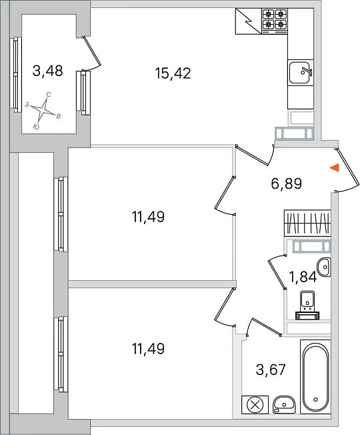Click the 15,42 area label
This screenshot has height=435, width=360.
(173, 73)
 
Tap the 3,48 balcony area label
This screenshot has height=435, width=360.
(48, 71)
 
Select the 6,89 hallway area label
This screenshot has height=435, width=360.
(286, 183)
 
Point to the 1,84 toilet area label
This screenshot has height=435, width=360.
(303, 277)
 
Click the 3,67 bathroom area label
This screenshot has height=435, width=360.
(271, 370)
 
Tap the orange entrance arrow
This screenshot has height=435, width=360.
(335, 168)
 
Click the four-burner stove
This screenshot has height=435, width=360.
(275, 21)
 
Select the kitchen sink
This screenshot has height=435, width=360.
(301, 72)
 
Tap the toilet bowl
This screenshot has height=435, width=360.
(307, 305)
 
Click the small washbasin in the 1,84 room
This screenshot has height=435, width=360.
(324, 267)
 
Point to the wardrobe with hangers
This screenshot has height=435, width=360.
(307, 223)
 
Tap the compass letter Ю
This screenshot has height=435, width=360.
(36, 127)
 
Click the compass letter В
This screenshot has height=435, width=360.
(59, 116)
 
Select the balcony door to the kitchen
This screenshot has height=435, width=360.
(92, 53)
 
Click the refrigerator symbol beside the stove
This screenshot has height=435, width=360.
(248, 21)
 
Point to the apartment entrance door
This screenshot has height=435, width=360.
(347, 170)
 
